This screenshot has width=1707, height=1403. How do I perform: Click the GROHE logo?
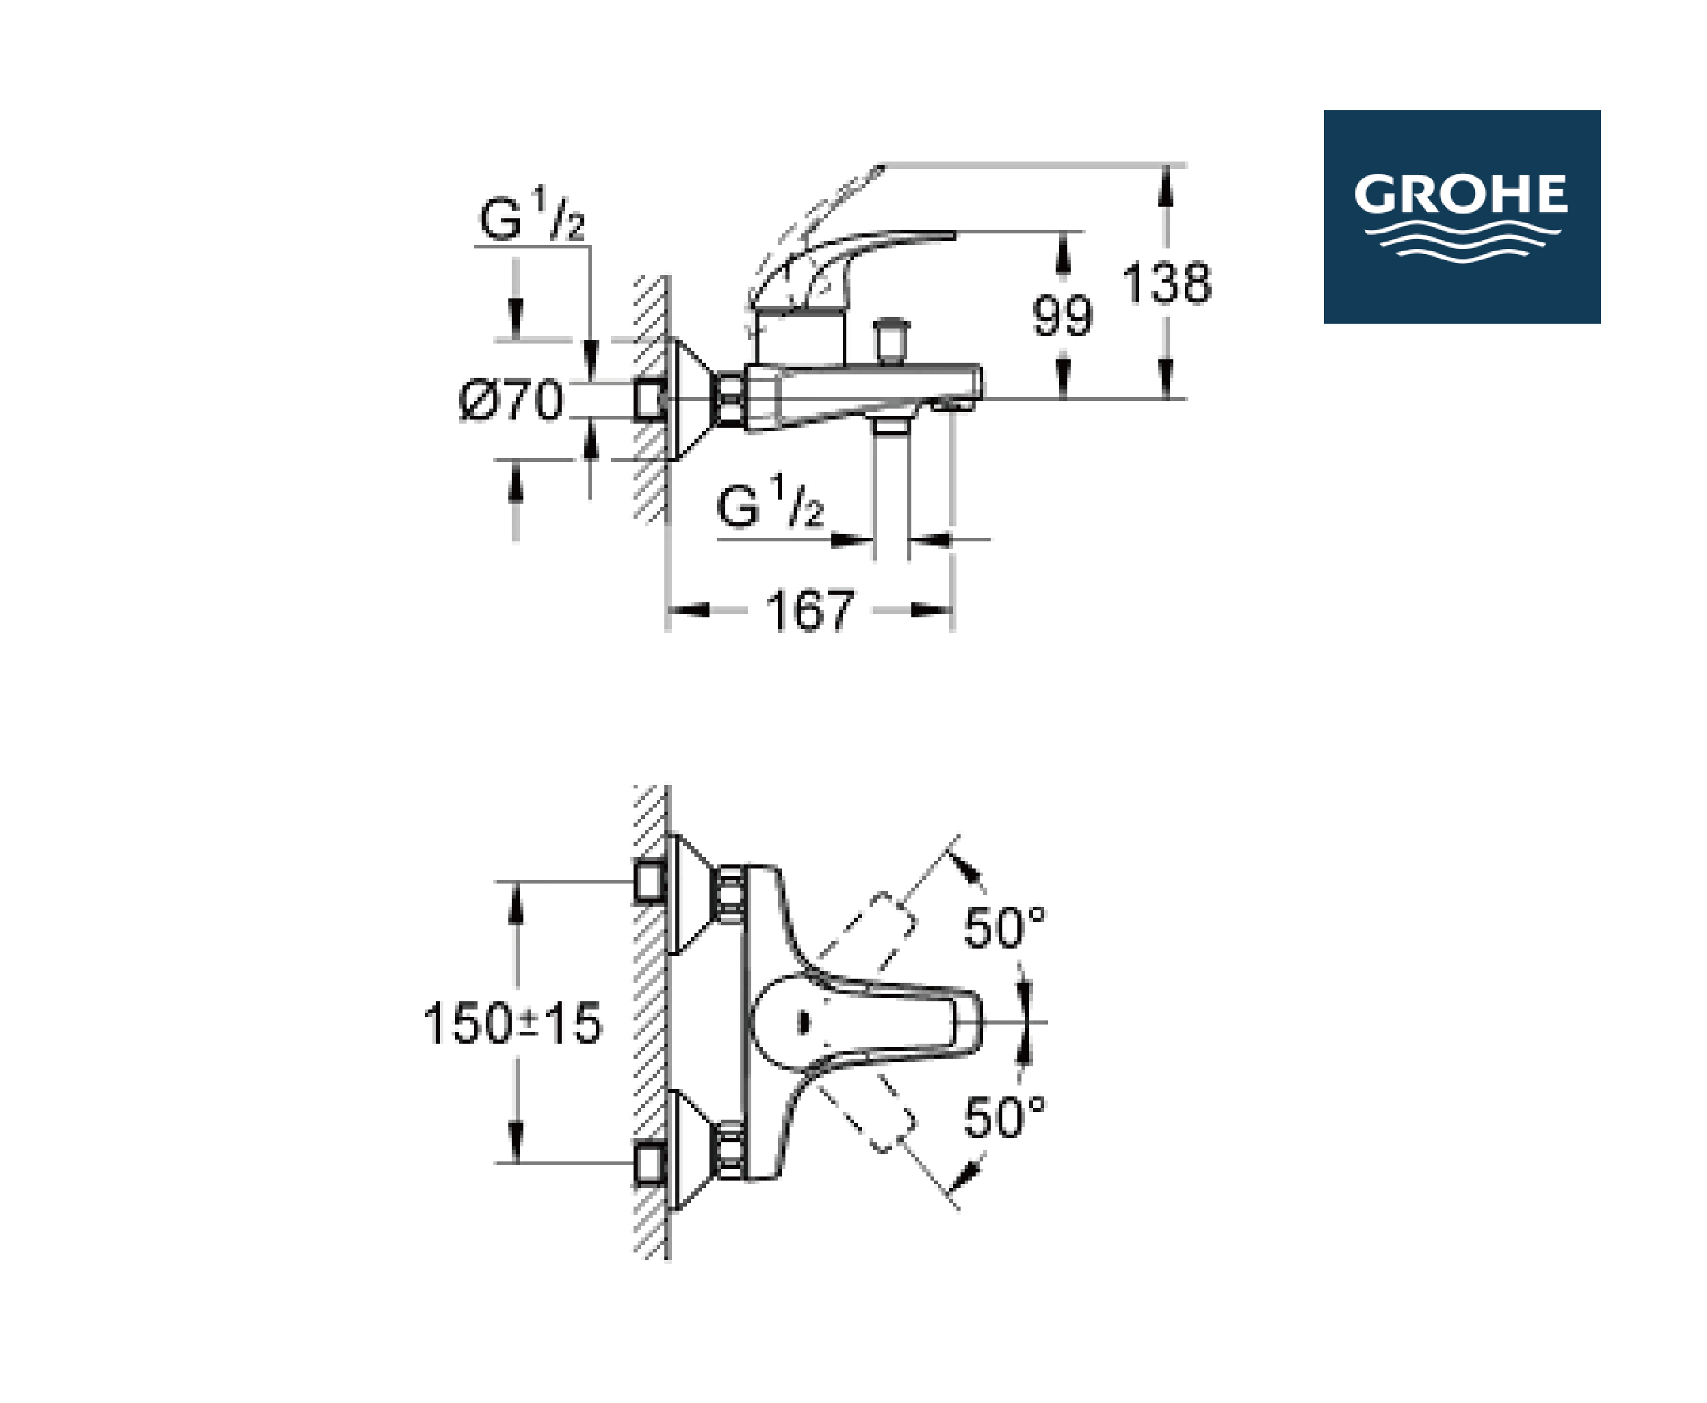pyautogui.click(x=1461, y=216)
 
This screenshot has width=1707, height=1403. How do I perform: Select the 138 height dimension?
pyautogui.click(x=1167, y=283)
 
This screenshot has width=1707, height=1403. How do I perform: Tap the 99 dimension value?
pyautogui.click(x=1063, y=316)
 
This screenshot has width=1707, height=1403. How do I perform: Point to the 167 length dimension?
pyautogui.click(x=809, y=611)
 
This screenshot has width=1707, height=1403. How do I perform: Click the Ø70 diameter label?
pyautogui.click(x=511, y=399)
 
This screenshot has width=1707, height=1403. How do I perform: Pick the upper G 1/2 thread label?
pyautogui.click(x=532, y=214)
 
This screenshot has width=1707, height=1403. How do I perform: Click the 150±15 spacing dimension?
pyautogui.click(x=513, y=1023)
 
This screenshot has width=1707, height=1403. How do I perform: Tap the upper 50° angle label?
pyautogui.click(x=1004, y=927)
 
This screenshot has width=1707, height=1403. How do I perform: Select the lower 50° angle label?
pyautogui.click(x=1004, y=1118)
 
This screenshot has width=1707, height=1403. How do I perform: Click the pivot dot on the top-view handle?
pyautogui.click(x=803, y=1023)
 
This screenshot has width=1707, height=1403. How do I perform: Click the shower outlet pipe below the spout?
pyautogui.click(x=892, y=489)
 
